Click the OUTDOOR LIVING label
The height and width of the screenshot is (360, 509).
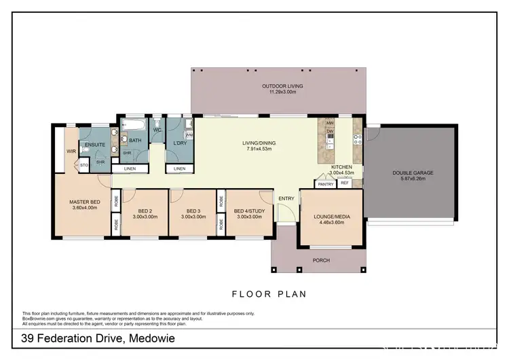pyautogui.click(x=282, y=86)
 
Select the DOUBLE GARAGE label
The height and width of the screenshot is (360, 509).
pyautogui.click(x=412, y=173)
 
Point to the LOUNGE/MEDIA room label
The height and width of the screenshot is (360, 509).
pyautogui.click(x=331, y=217)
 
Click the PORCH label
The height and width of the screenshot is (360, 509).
pyautogui.click(x=320, y=260)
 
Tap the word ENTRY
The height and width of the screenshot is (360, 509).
pyautogui.click(x=286, y=198)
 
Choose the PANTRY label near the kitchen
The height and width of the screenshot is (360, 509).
pyautogui.click(x=325, y=183)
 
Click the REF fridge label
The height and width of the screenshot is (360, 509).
pyautogui.click(x=344, y=183)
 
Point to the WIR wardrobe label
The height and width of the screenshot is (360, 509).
pyautogui.click(x=70, y=151)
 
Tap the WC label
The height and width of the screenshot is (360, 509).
pyautogui.click(x=157, y=129)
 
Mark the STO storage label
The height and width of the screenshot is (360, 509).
pyautogui.click(x=84, y=164)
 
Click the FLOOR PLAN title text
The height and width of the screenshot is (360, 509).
pyautogui.click(x=269, y=294)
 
